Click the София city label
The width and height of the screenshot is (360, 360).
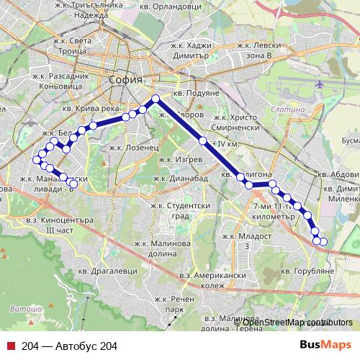click(126, 80)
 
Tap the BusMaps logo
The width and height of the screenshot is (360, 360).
click(325, 346)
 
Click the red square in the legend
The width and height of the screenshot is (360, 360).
click(11, 346)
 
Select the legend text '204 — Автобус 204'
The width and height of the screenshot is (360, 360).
click(69, 346)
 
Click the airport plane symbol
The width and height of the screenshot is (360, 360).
click(318, 84)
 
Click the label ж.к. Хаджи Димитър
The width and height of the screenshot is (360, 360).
click(191, 47)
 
